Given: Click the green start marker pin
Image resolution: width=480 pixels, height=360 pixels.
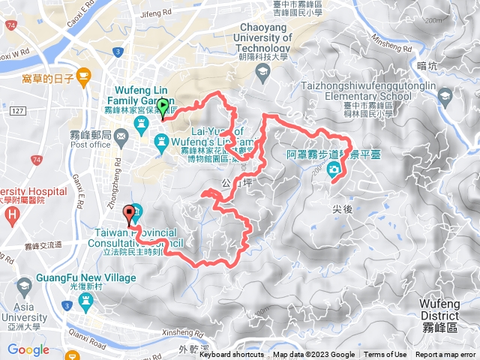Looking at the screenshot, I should [163, 109].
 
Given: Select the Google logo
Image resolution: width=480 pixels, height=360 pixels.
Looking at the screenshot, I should [28, 349].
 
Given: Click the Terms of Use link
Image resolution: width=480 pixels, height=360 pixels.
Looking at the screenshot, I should [385, 355].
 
